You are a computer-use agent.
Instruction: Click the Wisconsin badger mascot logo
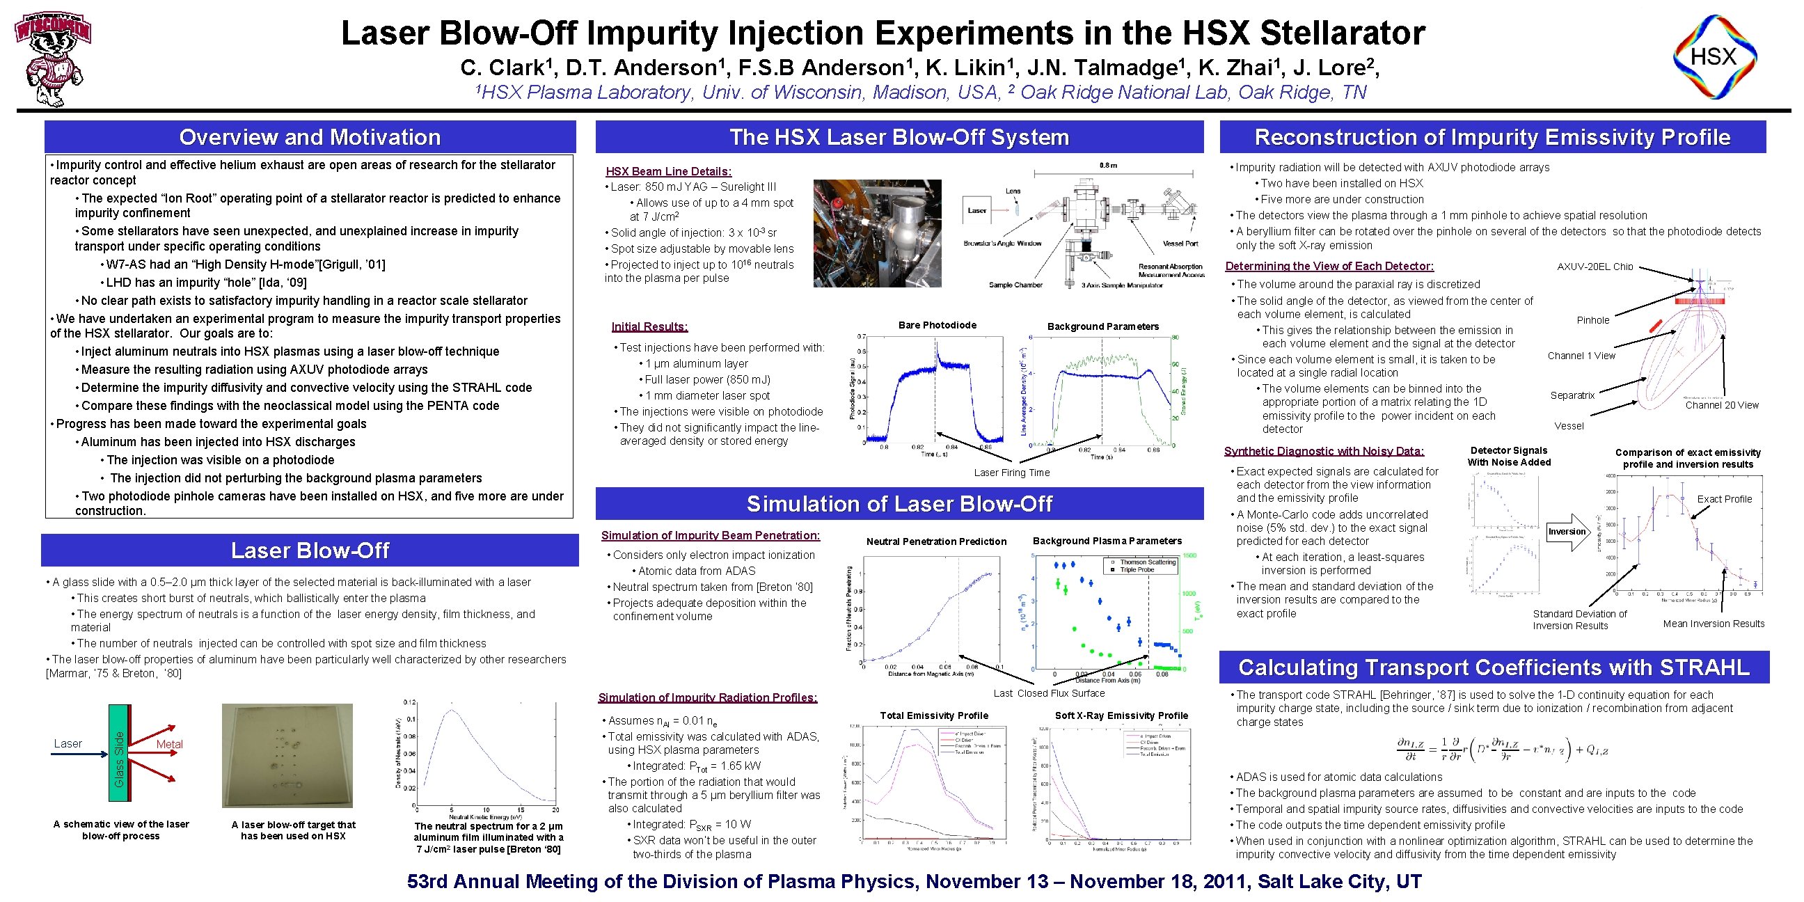pyautogui.click(x=53, y=59)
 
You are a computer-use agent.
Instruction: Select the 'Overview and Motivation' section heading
pyautogui.click(x=310, y=137)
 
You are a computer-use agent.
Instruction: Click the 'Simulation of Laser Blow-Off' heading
pyautogui.click(x=899, y=503)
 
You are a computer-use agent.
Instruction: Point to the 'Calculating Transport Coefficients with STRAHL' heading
pyautogui.click(x=1494, y=667)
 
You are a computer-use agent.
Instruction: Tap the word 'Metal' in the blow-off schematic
pyautogui.click(x=170, y=744)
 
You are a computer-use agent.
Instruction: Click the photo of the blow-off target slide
pyautogui.click(x=287, y=756)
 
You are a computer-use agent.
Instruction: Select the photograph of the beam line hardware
pyautogui.click(x=877, y=233)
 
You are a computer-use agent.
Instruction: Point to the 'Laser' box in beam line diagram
pyautogui.click(x=977, y=211)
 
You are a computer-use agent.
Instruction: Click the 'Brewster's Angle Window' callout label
pyautogui.click(x=1002, y=244)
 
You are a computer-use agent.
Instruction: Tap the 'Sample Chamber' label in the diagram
pyautogui.click(x=1015, y=285)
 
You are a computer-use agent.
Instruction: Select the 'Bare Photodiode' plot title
pyautogui.click(x=937, y=325)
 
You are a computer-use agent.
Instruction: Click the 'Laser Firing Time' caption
pyautogui.click(x=1012, y=473)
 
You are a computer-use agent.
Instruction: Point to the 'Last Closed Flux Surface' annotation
pyautogui.click(x=1049, y=693)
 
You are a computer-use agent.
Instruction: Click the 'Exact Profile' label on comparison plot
pyautogui.click(x=1724, y=499)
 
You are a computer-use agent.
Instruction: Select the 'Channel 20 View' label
pyautogui.click(x=1721, y=405)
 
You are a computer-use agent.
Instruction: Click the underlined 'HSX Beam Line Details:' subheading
pyautogui.click(x=668, y=172)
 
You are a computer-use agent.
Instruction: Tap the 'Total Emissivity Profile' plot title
pyautogui.click(x=934, y=715)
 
